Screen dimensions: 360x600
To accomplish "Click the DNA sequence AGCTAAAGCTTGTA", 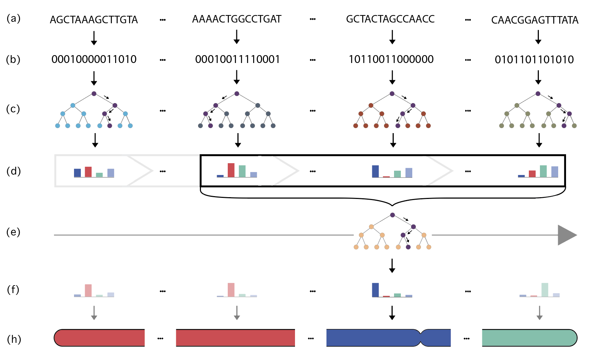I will point(94,20).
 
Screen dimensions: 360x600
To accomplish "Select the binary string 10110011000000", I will point(391,59).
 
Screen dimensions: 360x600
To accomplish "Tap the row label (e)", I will point(13,232).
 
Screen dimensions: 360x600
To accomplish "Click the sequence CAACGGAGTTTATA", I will point(535,20).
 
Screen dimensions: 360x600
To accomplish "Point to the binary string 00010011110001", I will point(237,59).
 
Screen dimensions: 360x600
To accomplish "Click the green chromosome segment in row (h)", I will point(529,338).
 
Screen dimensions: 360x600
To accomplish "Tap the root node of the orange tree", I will point(392,215).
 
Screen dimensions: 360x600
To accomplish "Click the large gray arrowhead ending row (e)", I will point(566,235).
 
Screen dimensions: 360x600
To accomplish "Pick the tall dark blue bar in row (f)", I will point(375,290).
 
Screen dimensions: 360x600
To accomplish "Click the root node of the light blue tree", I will point(94,94).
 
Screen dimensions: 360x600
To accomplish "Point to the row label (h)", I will point(14,339).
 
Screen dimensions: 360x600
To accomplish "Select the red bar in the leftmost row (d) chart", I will point(88,172).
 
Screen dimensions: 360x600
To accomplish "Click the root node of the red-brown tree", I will point(392,94).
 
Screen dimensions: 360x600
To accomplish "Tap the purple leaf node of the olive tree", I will point(564,126).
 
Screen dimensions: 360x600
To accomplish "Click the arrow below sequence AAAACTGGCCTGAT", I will point(236,37).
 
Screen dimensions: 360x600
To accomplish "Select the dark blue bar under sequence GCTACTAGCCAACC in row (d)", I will point(375,171).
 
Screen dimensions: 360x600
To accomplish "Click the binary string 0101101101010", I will point(534,60).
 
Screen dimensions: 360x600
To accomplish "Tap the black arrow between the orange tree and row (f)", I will point(392,266).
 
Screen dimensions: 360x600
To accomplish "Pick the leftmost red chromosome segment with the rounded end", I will point(99,338).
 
